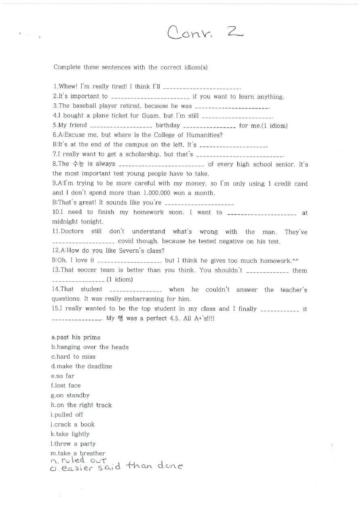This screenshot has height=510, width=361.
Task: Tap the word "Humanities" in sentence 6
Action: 204,135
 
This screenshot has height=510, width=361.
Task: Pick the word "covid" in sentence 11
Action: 126,241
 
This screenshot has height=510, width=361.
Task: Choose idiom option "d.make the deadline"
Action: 82,367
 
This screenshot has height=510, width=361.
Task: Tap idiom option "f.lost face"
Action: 66,386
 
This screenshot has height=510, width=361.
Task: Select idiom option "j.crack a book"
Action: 73,425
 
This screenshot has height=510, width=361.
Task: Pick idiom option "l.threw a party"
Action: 73,444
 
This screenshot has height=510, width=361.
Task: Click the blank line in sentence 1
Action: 202,88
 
